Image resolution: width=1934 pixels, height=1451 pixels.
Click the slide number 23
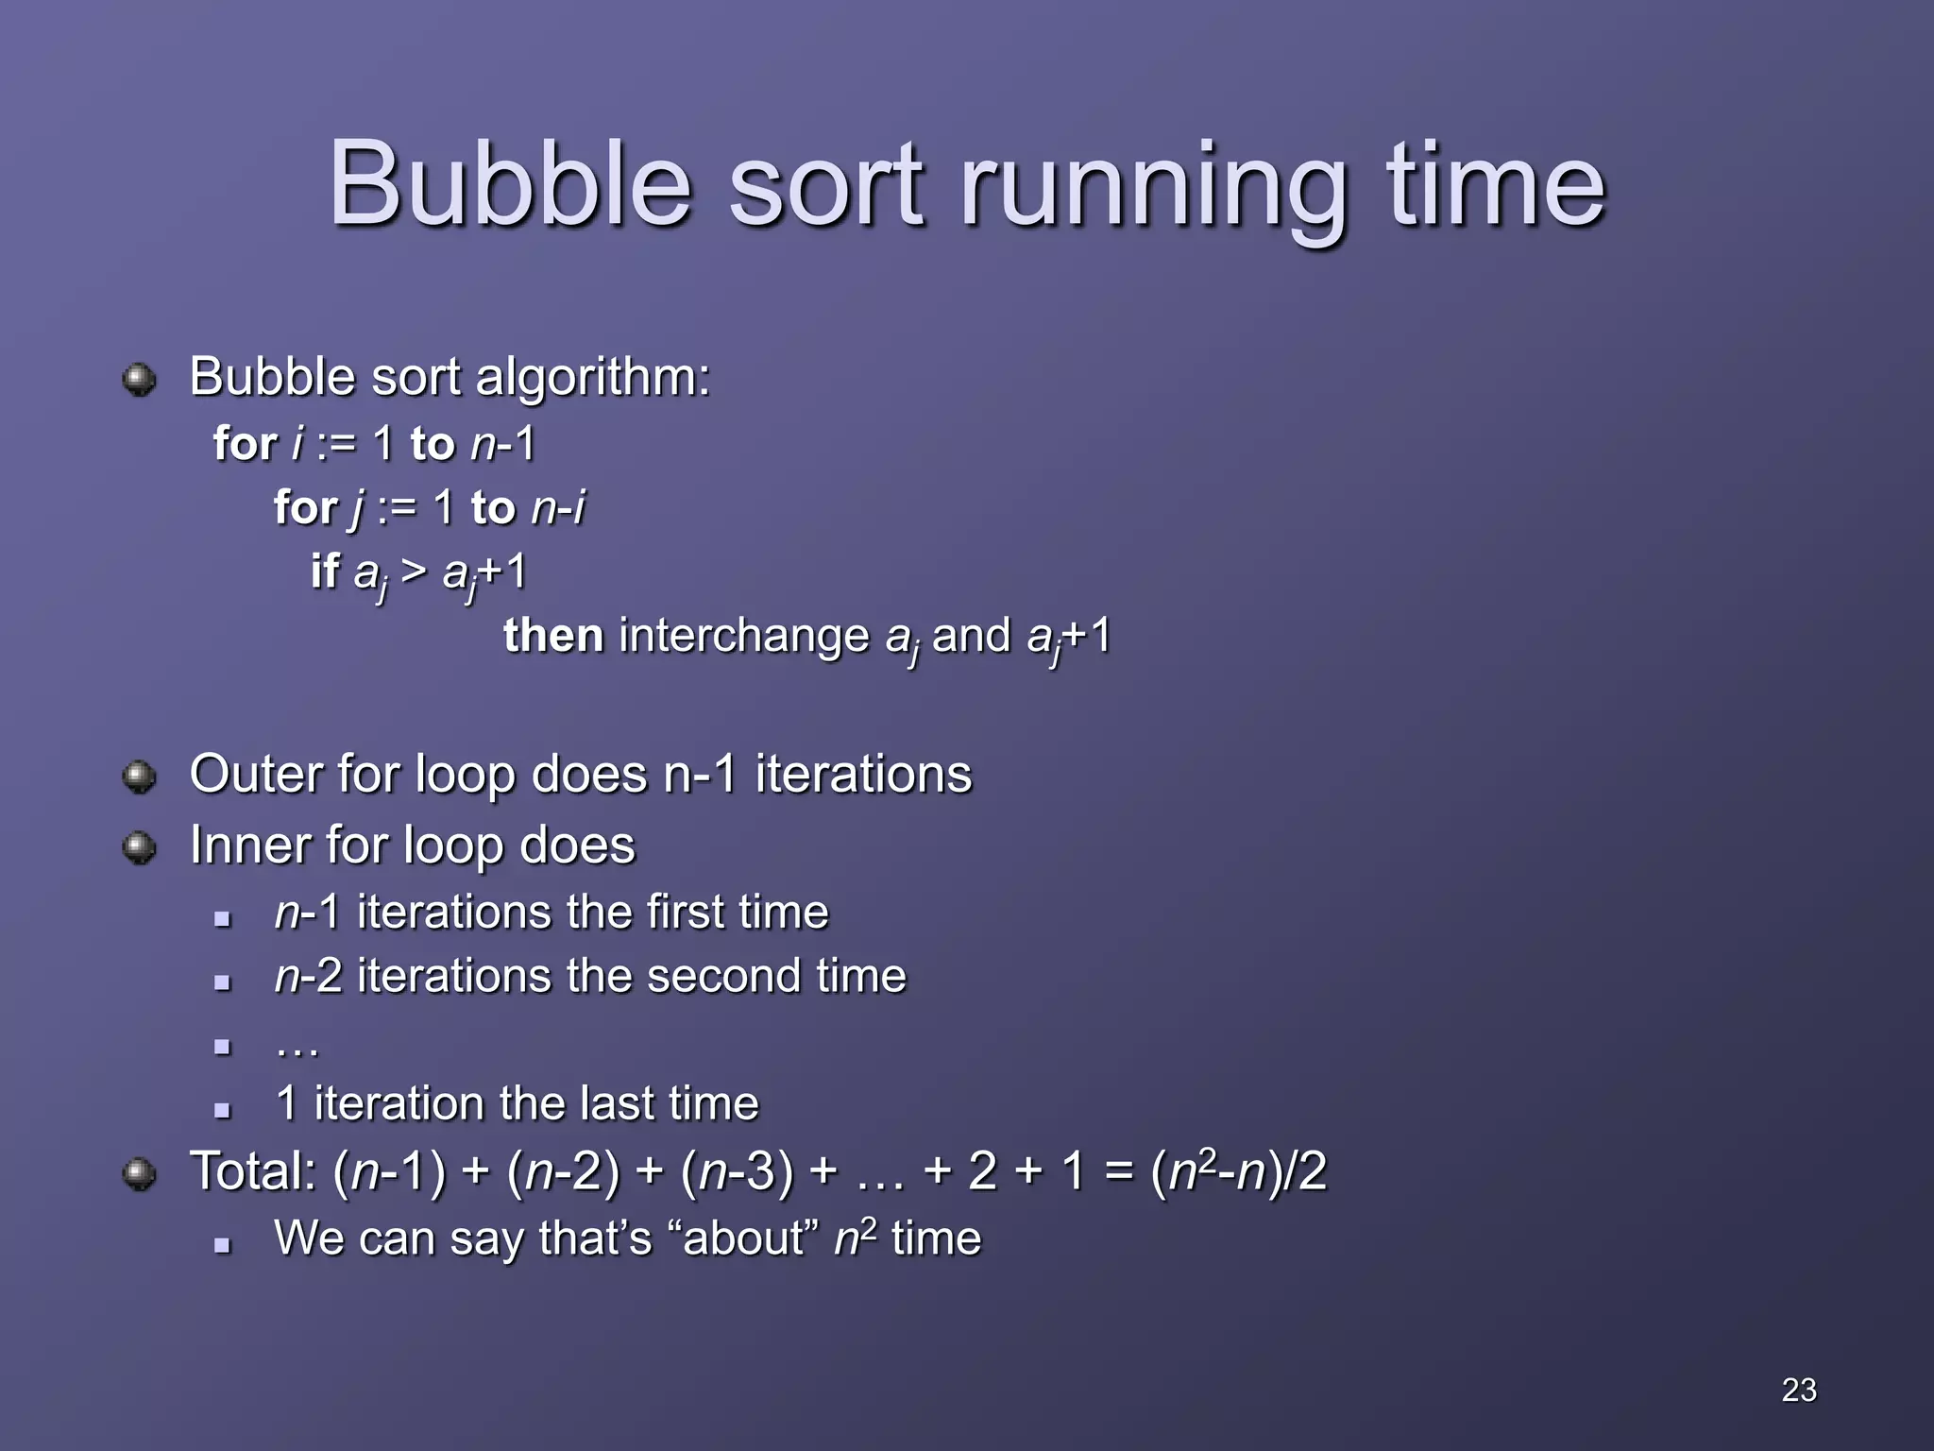coord(1799,1390)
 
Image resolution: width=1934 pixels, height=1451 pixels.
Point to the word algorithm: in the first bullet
coord(592,378)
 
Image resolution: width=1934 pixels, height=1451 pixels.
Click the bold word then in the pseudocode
coord(553,635)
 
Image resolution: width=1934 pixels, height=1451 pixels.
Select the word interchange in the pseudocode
coord(743,637)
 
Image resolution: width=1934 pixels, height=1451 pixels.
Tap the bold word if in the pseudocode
coord(324,571)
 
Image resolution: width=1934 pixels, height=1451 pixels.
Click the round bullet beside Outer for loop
coord(140,777)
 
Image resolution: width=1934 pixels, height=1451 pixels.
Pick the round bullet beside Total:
coord(140,1174)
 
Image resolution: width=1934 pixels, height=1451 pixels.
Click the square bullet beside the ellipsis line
coord(223,1047)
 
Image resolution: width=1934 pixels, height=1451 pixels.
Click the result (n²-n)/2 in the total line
coord(1238,1171)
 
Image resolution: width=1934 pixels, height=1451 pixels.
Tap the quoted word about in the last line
coord(744,1238)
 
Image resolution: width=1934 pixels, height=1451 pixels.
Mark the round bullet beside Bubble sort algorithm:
coord(140,380)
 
